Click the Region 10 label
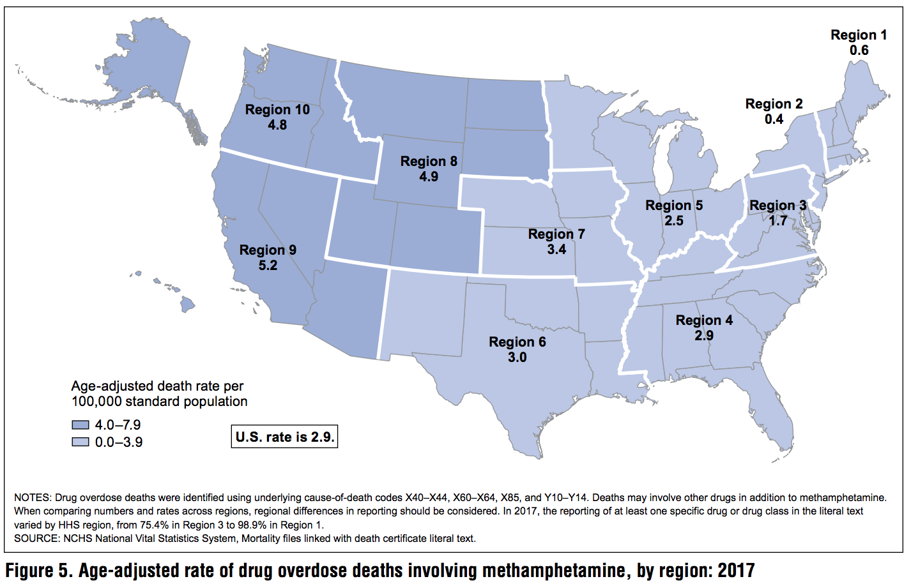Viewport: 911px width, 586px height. (277, 110)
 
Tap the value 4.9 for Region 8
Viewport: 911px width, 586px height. (429, 177)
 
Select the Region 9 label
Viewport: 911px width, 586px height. (268, 250)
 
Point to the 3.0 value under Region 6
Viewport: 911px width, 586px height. (517, 357)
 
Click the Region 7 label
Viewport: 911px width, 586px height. (556, 234)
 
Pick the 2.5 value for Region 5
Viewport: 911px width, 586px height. (674, 221)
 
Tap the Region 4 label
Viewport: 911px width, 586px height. (704, 320)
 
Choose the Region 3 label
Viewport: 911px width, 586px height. (777, 206)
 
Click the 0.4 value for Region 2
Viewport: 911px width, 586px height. (774, 119)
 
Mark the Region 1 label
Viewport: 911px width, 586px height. (859, 35)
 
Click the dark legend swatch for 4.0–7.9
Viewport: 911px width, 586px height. (80, 425)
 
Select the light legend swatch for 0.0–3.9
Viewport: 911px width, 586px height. (80, 442)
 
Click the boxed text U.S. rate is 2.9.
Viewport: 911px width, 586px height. (284, 437)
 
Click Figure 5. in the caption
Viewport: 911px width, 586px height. (38, 570)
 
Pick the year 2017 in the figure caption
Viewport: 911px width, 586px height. (736, 570)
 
